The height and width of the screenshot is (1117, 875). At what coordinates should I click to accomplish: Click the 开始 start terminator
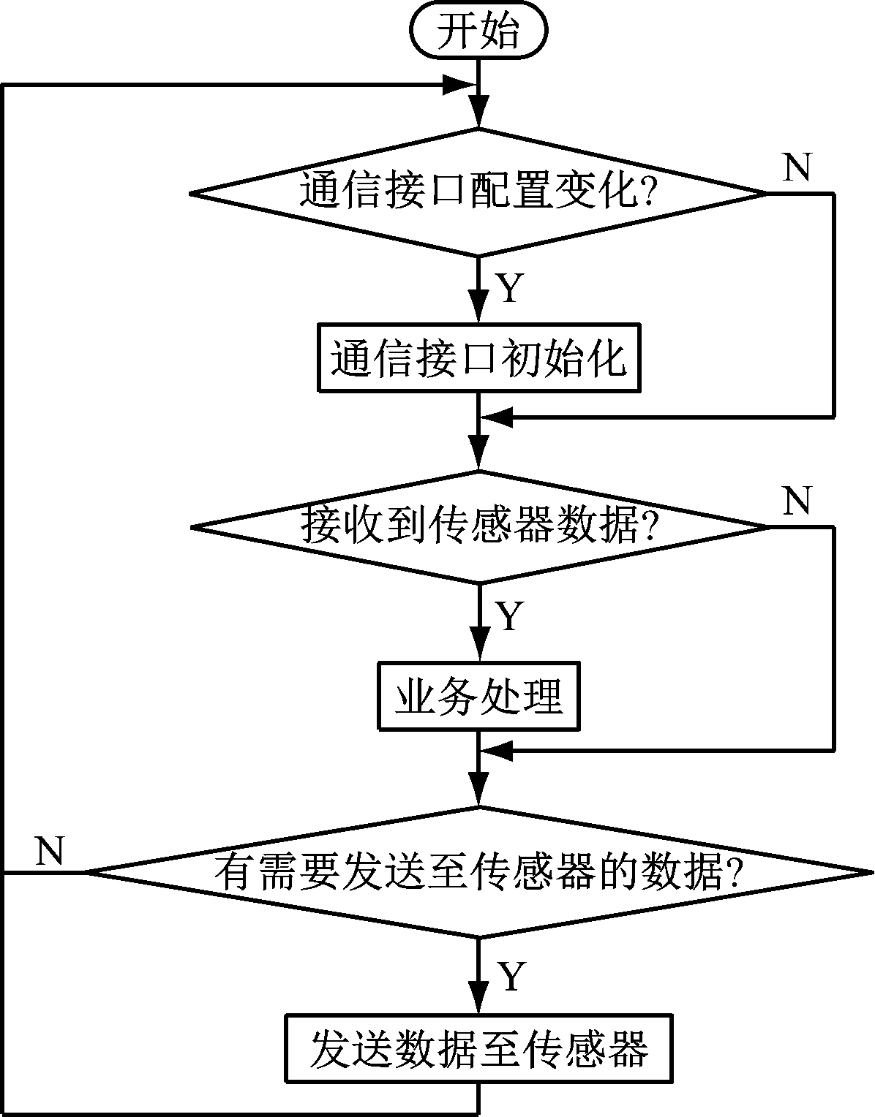[x=478, y=32]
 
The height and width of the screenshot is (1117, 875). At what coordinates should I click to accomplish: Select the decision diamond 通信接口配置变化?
[x=478, y=193]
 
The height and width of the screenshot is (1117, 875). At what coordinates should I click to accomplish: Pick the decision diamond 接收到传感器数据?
[x=478, y=526]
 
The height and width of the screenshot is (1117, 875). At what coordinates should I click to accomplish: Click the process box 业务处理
[x=478, y=696]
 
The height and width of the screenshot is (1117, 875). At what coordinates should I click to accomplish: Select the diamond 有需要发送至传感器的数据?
[x=478, y=871]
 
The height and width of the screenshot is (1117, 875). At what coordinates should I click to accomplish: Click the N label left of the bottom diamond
[x=50, y=851]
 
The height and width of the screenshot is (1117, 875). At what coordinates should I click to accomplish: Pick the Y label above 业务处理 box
[x=511, y=616]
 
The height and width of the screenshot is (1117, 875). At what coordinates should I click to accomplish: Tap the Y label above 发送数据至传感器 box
[x=511, y=976]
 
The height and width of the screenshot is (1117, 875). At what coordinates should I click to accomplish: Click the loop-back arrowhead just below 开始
[x=461, y=85]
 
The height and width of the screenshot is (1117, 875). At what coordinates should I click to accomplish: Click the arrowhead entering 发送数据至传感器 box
[x=478, y=1000]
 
